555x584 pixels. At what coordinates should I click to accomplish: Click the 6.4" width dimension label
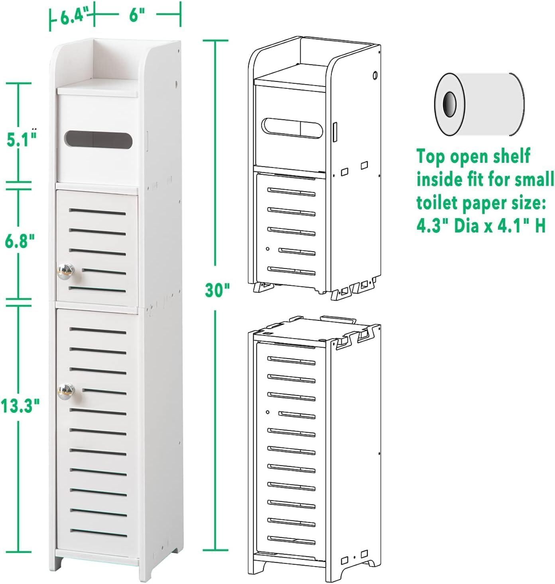point(74,17)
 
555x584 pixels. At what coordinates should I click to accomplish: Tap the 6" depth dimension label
point(136,16)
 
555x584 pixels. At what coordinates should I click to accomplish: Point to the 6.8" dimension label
point(20,241)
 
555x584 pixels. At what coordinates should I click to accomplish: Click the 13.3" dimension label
point(20,406)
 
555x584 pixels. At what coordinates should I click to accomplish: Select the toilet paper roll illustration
point(478,104)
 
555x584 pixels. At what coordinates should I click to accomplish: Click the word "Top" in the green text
point(431,157)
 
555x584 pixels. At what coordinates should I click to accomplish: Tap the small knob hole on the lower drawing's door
point(268,412)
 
